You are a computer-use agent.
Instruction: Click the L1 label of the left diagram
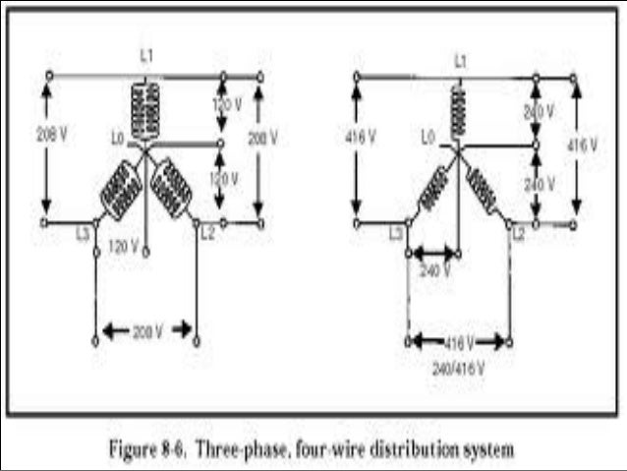pyautogui.click(x=145, y=57)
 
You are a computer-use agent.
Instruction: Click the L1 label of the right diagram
pyautogui.click(x=459, y=61)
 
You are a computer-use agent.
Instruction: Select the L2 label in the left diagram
pyautogui.click(x=207, y=234)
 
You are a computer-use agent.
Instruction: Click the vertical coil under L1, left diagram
pyautogui.click(x=145, y=106)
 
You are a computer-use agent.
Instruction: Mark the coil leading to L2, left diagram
pyautogui.click(x=172, y=185)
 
